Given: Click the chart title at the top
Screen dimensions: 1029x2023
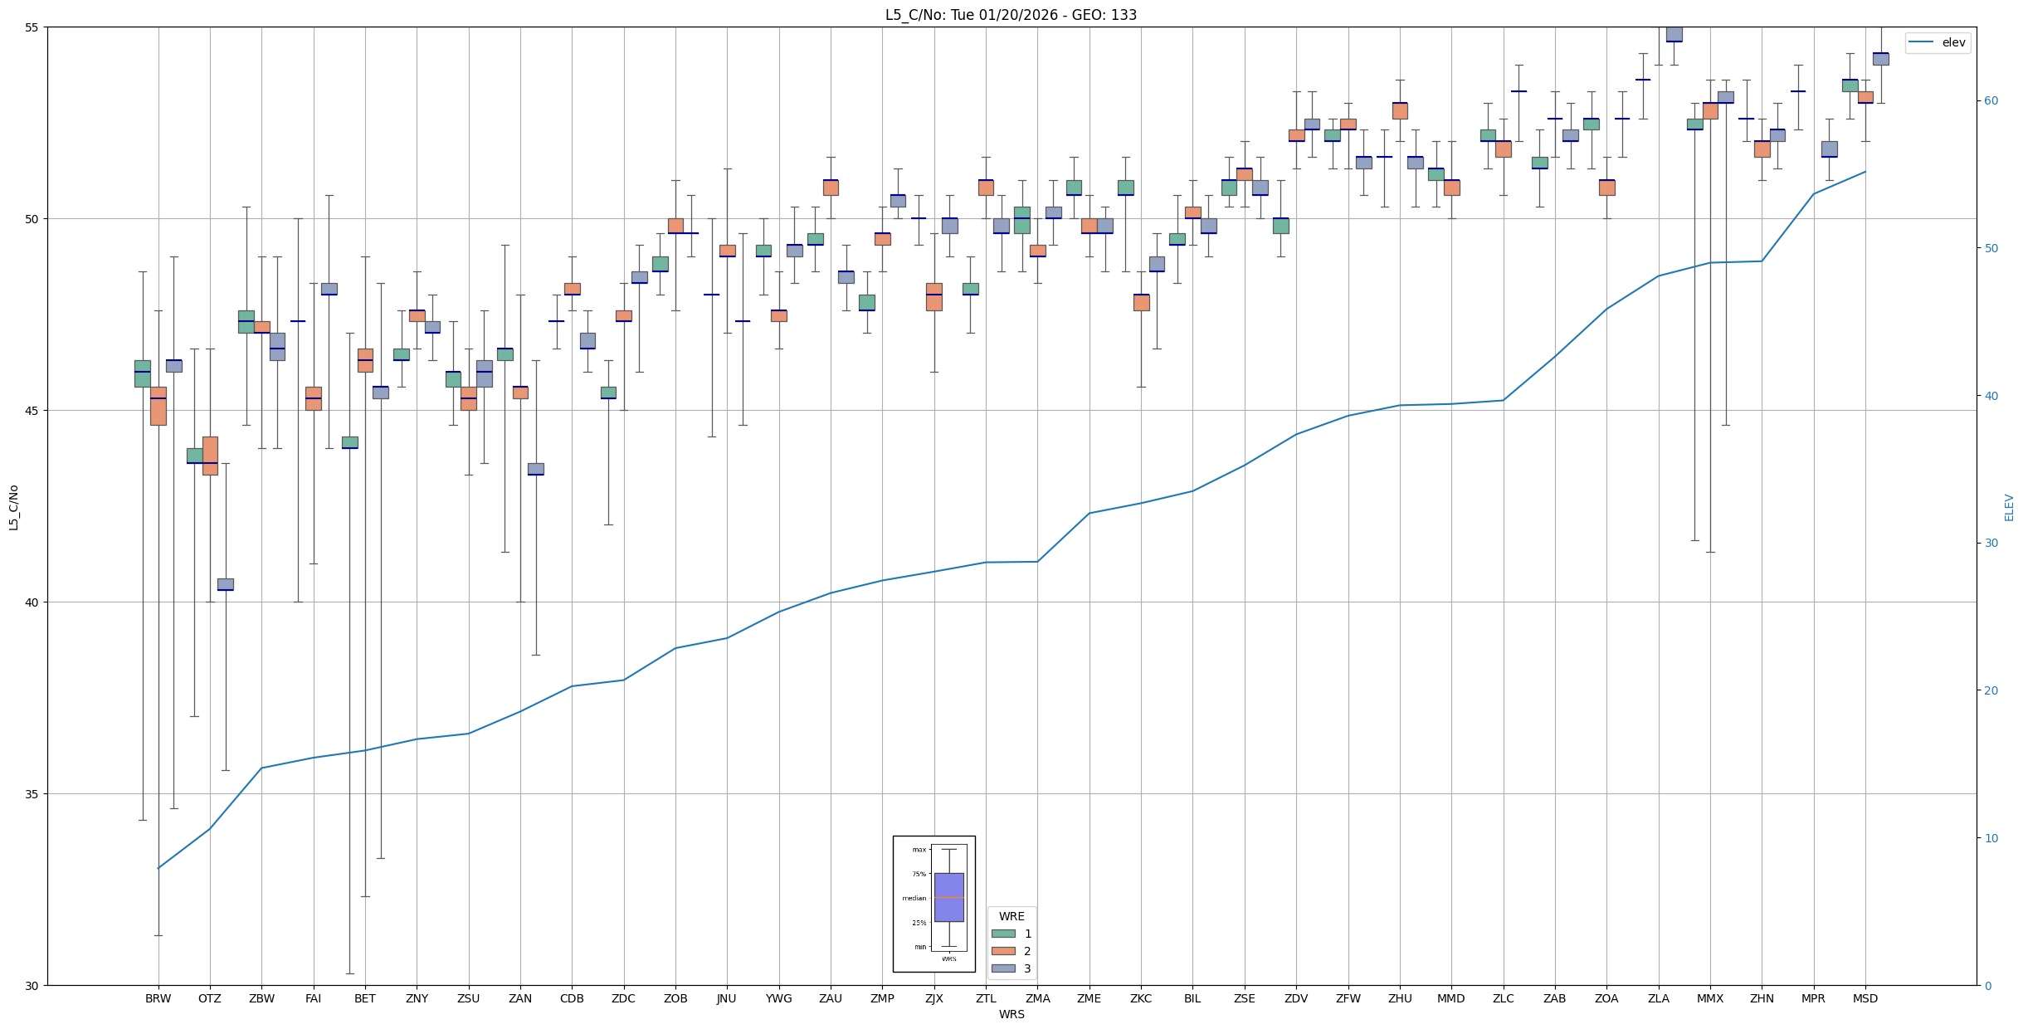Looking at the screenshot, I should [x=1011, y=15].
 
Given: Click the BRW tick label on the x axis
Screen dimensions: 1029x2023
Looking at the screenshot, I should [x=158, y=998].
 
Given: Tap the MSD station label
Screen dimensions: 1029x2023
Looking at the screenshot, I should [x=1865, y=998].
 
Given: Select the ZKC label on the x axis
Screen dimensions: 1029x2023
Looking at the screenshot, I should [x=1141, y=998].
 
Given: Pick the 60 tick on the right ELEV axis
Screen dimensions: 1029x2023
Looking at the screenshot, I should [x=1990, y=101].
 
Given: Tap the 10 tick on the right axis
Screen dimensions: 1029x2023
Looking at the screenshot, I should [x=1990, y=838].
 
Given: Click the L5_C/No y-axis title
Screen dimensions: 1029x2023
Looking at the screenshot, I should [x=13, y=507].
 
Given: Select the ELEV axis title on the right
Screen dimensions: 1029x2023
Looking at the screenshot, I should [x=2009, y=507].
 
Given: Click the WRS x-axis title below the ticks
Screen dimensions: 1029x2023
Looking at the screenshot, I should [x=1011, y=1014].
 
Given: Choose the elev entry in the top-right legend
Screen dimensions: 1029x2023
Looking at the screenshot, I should [x=1953, y=43].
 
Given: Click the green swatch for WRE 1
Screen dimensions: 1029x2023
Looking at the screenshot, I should [x=1003, y=934].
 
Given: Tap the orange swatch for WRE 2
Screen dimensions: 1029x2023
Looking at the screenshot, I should [x=1003, y=951].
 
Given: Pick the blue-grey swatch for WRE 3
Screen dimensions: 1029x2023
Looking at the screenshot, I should [x=1003, y=968].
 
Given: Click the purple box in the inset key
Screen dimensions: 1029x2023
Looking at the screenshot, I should [x=948, y=897].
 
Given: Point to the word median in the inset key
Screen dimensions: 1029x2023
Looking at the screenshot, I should [x=914, y=898].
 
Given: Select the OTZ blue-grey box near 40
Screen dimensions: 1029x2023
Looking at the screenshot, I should [x=226, y=584].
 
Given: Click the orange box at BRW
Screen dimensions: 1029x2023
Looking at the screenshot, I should [x=158, y=406].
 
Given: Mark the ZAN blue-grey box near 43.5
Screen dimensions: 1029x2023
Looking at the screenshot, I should [x=536, y=469].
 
